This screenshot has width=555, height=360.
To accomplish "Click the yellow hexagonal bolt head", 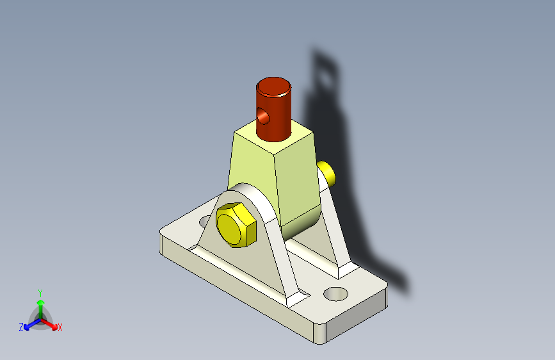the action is [x=236, y=225].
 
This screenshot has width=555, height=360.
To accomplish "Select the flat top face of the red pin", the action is [x=273, y=86].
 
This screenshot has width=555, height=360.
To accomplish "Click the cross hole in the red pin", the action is [x=263, y=116].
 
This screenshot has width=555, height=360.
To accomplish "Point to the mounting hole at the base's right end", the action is [x=335, y=294].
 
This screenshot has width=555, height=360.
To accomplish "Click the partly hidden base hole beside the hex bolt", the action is [x=205, y=222].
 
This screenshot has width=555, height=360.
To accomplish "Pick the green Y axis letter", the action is [x=40, y=293].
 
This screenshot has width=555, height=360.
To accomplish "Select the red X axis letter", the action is [x=60, y=327].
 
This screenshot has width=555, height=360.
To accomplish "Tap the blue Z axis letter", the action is [x=21, y=327].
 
